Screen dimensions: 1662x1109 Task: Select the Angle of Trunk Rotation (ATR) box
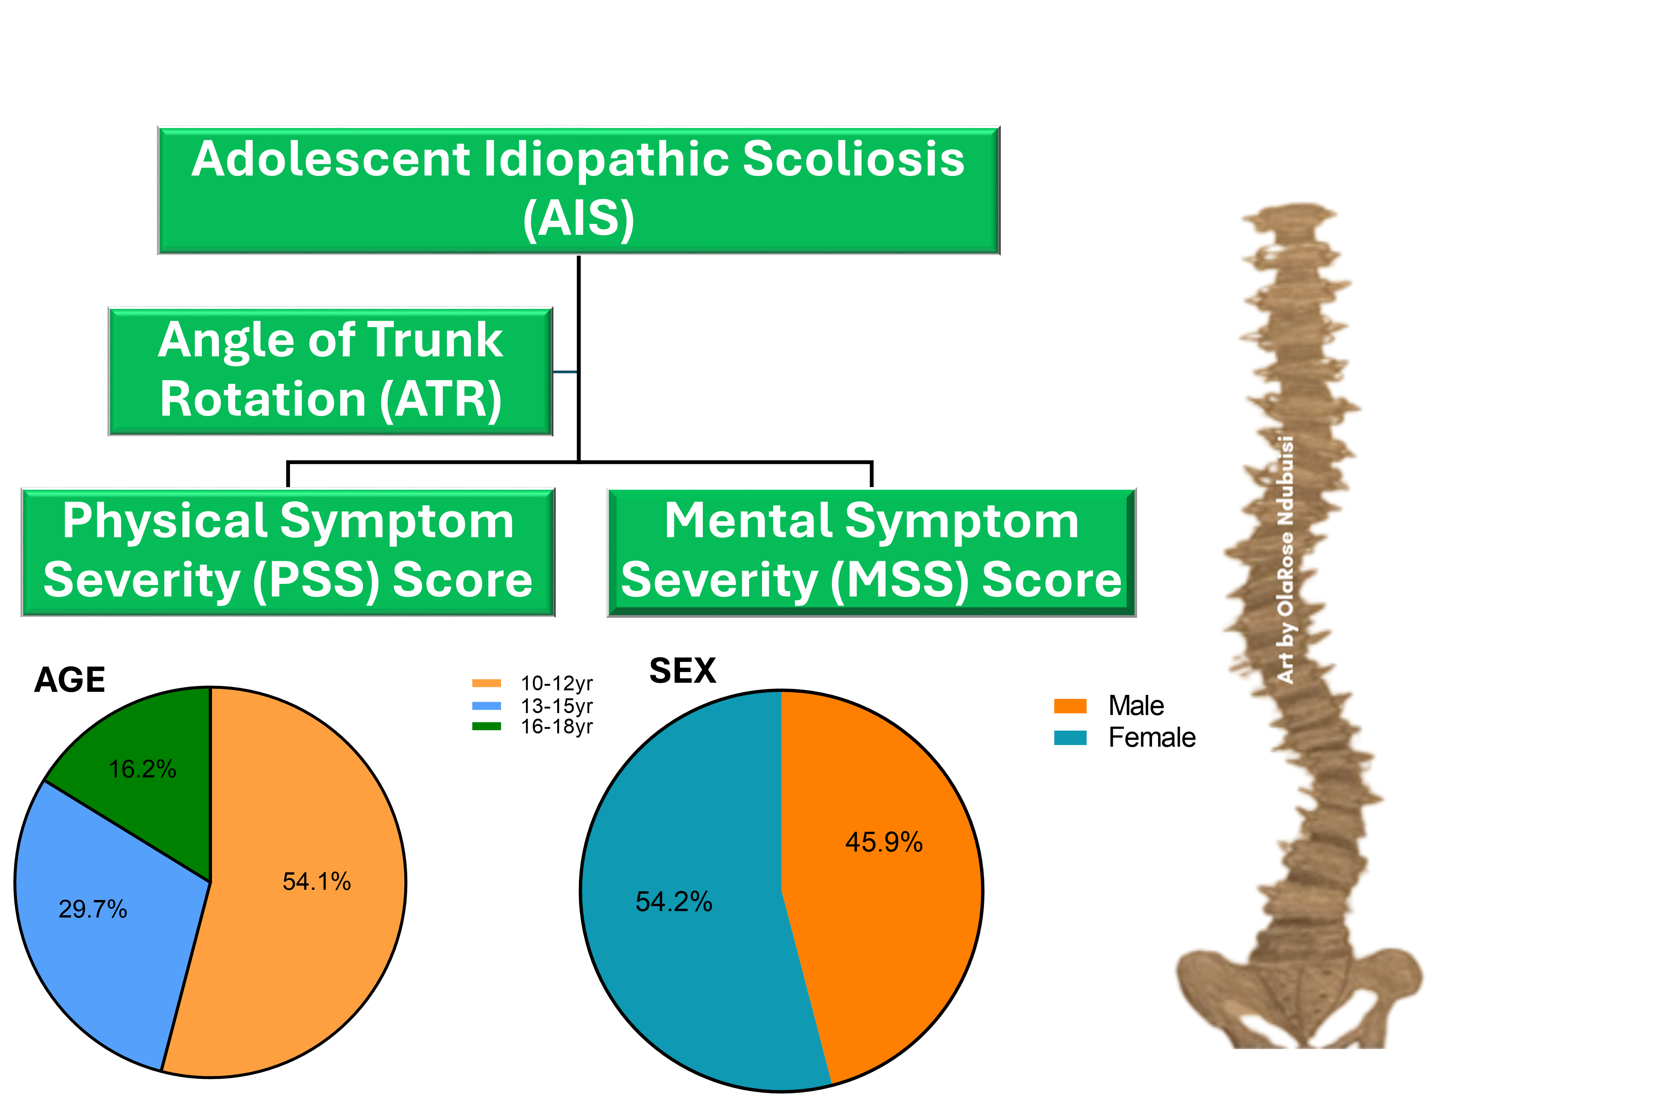pos(330,371)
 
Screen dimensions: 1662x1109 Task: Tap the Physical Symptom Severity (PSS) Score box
pos(288,552)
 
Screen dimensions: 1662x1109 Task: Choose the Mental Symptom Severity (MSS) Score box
pos(872,552)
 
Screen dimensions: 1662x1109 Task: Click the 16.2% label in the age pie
pos(142,769)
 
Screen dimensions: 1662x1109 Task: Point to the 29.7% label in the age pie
pos(93,909)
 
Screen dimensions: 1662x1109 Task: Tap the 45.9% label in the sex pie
pos(884,842)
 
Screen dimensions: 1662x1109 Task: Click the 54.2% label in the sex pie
pos(673,902)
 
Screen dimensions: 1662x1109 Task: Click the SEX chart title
pos(683,671)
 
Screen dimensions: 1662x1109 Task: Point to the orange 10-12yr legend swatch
pos(487,683)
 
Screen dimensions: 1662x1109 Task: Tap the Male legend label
pos(1136,706)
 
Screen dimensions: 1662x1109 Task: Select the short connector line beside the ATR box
pos(565,371)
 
